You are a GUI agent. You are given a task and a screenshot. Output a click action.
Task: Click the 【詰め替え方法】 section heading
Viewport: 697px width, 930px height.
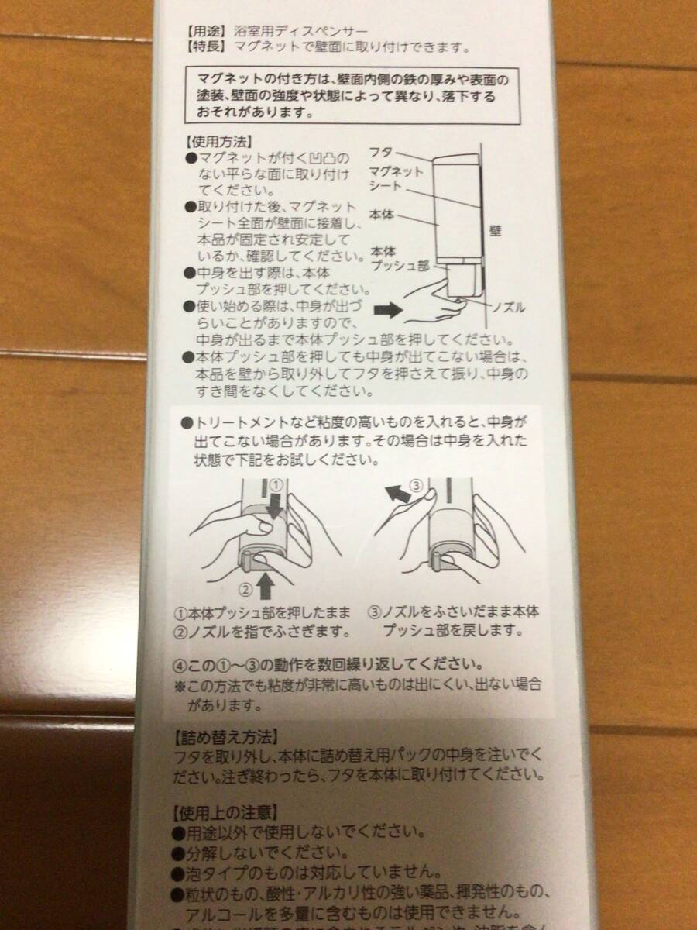pos(223,735)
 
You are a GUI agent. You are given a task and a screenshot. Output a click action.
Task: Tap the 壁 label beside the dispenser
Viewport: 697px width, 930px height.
pos(496,230)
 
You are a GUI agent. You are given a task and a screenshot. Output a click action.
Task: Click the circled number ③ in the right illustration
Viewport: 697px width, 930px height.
pos(417,487)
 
